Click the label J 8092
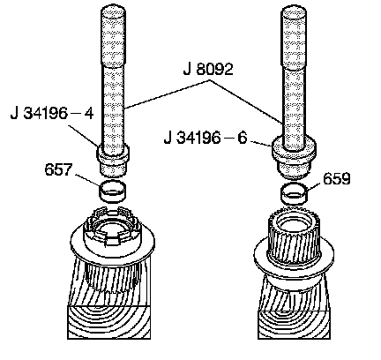click(x=208, y=70)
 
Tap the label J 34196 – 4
click(x=52, y=113)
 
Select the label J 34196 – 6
click(x=205, y=138)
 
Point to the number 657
click(x=58, y=169)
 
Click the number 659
click(x=337, y=178)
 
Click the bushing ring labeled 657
click(x=113, y=191)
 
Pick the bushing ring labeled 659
click(x=295, y=194)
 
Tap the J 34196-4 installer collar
click(x=113, y=161)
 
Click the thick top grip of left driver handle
click(x=113, y=36)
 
